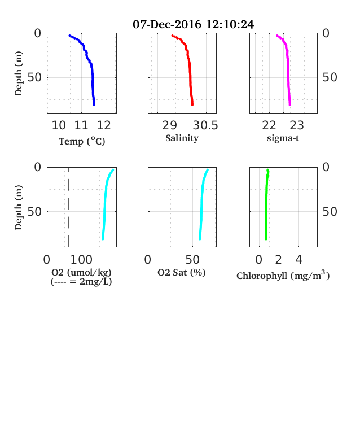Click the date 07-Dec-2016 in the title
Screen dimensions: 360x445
[x=167, y=24]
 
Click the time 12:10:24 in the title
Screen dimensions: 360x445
[x=230, y=24]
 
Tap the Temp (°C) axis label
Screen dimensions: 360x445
[x=82, y=141]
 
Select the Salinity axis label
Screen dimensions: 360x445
[x=182, y=138]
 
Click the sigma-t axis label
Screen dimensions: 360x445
[x=283, y=138]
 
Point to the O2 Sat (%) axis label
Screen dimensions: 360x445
[x=182, y=272]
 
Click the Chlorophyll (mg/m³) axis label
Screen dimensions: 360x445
[x=283, y=275]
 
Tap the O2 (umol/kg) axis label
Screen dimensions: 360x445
[x=81, y=272]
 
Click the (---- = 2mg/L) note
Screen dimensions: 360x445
[x=81, y=282]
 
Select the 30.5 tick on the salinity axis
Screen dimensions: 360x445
[x=205, y=125]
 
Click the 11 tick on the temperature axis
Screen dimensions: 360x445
[x=81, y=125]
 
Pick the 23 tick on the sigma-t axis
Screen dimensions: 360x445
[x=297, y=125]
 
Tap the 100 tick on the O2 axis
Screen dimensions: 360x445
[x=81, y=260]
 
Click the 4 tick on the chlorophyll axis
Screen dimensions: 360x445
[x=298, y=260]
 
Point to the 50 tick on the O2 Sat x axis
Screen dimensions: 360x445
[x=192, y=260]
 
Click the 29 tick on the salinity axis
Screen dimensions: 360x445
[x=169, y=125]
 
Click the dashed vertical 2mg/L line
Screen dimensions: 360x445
[x=68, y=207]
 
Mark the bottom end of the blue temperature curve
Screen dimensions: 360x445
[x=94, y=105]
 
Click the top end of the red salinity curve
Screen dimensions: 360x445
[x=172, y=36]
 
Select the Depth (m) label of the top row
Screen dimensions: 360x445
[x=19, y=73]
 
